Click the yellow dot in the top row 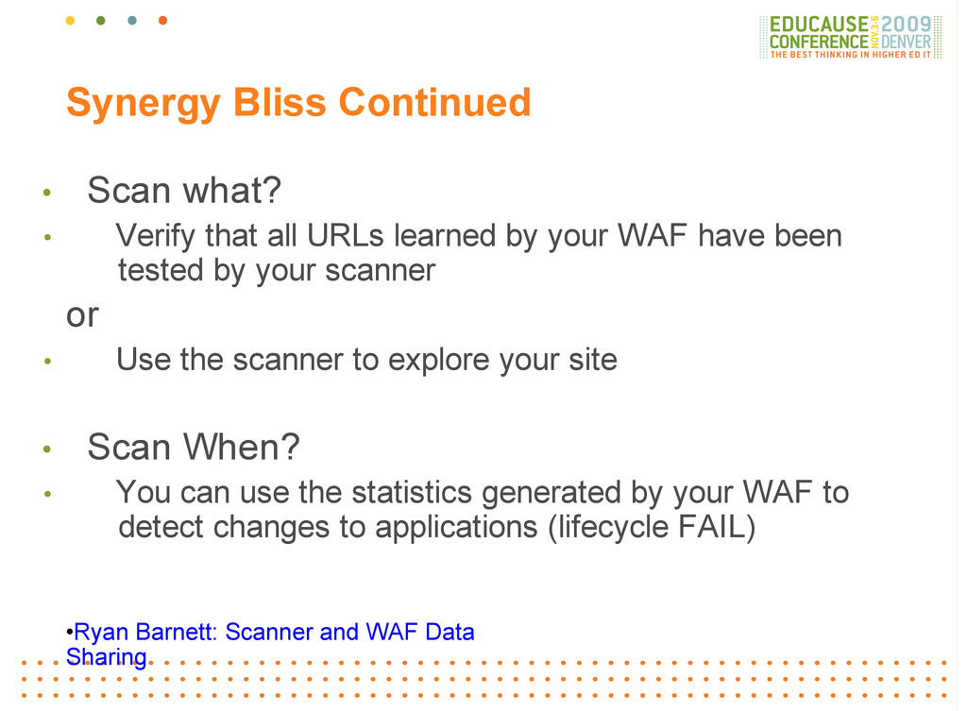click(70, 21)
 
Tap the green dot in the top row click(101, 21)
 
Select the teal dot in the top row click(132, 21)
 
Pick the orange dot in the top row click(162, 21)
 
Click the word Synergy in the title click(144, 104)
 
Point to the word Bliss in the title click(280, 102)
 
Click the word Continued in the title click(434, 102)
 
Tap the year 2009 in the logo click(906, 25)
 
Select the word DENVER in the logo click(906, 42)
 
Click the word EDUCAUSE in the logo click(819, 25)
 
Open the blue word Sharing click(106, 658)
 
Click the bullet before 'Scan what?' click(47, 193)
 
